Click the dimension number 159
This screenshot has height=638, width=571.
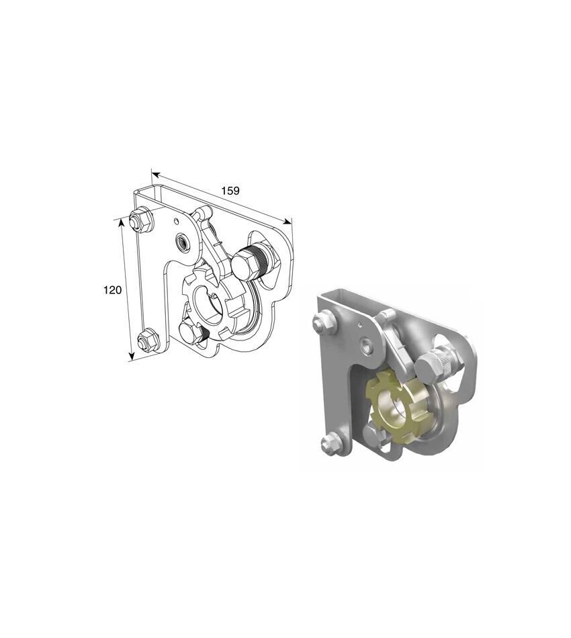click(x=230, y=191)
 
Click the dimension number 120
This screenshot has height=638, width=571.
click(x=113, y=290)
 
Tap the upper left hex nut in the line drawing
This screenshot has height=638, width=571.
click(x=140, y=222)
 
